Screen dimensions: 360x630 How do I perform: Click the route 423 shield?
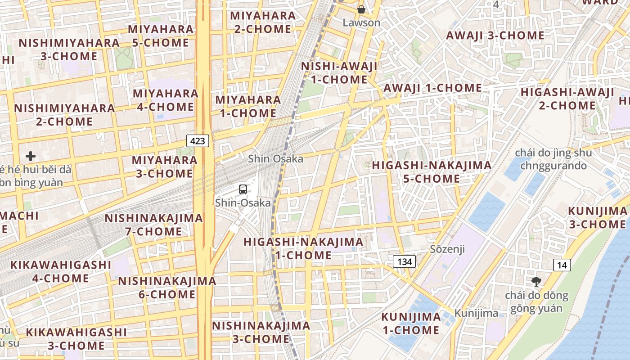[198, 141]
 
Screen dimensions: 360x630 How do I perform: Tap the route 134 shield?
[404, 261]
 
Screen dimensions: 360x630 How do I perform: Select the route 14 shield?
[562, 265]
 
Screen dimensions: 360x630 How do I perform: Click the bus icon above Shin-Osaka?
[243, 189]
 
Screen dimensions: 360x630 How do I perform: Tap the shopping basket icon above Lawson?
[361, 9]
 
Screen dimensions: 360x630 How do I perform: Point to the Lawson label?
[361, 22]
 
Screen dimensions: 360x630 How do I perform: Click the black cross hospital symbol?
[31, 157]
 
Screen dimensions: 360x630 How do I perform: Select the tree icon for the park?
[535, 282]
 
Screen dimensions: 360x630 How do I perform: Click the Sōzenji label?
[447, 249]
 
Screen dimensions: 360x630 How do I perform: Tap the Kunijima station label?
[476, 313]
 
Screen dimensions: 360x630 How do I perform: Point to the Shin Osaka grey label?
[276, 159]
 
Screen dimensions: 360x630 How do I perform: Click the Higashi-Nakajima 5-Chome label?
[432, 172]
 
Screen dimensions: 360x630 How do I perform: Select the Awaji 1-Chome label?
[432, 88]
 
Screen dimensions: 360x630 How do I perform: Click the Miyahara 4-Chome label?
[166, 100]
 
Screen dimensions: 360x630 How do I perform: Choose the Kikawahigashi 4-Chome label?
[61, 271]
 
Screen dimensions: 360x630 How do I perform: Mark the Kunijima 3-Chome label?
[597, 217]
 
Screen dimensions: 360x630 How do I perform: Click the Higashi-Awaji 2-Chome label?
[567, 99]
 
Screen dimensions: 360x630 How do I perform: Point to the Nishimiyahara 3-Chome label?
[69, 49]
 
